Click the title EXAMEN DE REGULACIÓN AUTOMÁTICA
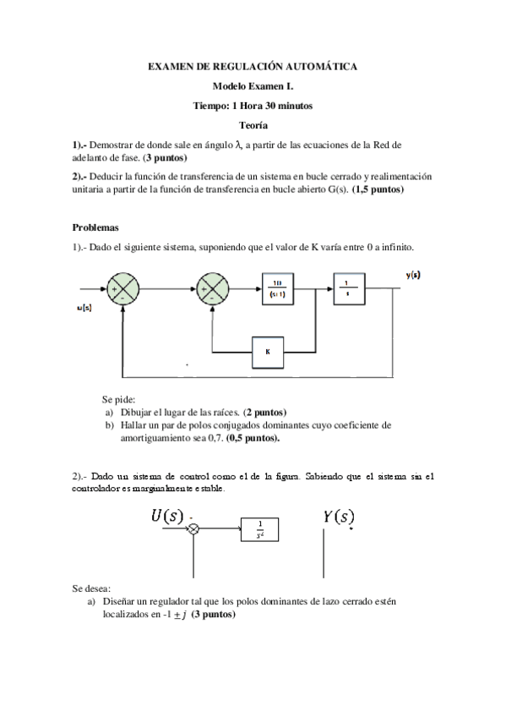click(x=253, y=65)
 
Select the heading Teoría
click(x=253, y=124)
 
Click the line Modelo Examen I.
click(x=253, y=85)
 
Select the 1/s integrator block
click(x=349, y=290)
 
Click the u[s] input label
click(x=84, y=309)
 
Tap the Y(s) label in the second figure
click(x=339, y=516)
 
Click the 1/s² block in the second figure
click(x=259, y=529)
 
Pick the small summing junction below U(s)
click(x=194, y=528)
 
